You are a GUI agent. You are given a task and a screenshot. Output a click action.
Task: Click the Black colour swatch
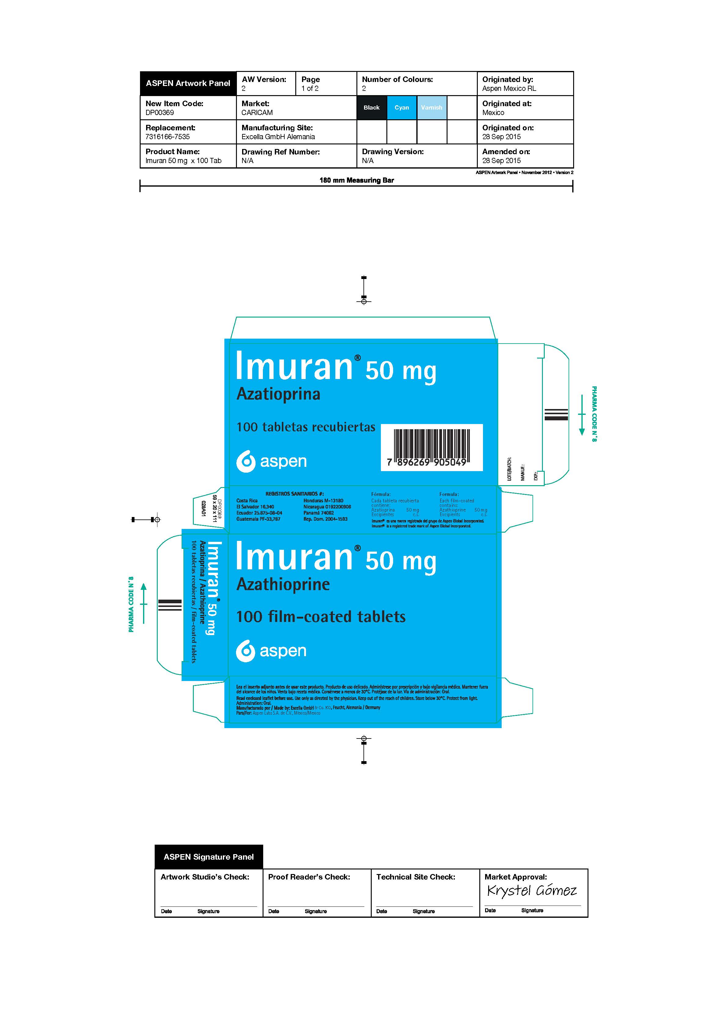click(x=371, y=108)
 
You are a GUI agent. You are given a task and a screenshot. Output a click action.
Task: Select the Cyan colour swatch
click(x=401, y=108)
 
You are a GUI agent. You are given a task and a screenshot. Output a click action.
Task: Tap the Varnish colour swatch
click(x=431, y=108)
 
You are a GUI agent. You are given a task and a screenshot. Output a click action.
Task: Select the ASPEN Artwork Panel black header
click(x=188, y=83)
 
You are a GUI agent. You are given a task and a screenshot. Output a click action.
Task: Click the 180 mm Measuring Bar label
click(x=356, y=180)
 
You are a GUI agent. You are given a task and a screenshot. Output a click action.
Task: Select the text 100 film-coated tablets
click(x=321, y=617)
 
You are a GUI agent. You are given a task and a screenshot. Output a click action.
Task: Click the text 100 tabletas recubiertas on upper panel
click(x=306, y=427)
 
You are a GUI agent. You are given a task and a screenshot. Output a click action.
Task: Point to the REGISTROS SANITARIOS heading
click(x=294, y=494)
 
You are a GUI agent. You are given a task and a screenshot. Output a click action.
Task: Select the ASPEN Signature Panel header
click(x=208, y=857)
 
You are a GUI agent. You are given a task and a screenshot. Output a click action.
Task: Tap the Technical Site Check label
click(x=415, y=877)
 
